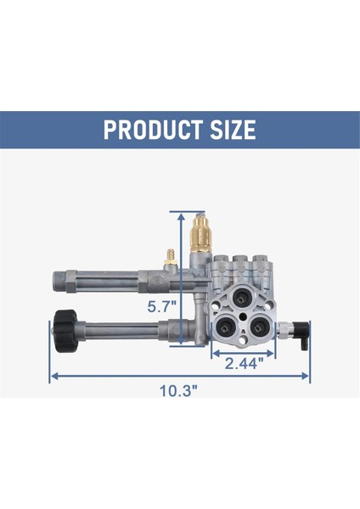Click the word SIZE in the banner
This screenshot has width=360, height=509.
click(228, 131)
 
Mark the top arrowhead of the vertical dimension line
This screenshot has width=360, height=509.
click(181, 215)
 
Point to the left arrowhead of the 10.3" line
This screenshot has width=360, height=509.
click(53, 374)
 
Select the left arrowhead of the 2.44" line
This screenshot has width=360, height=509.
click(214, 350)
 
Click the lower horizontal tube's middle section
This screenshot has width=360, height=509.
click(127, 327)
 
